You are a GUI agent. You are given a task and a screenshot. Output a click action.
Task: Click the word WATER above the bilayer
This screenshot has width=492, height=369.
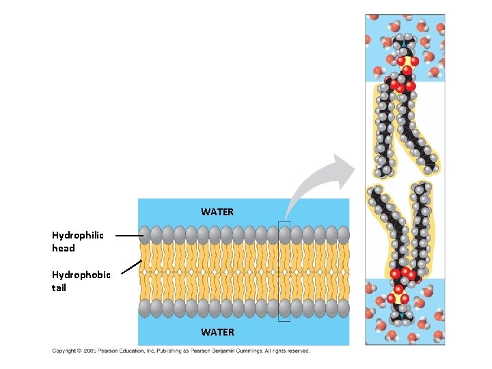217,212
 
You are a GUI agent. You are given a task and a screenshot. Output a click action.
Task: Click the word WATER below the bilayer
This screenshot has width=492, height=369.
217,332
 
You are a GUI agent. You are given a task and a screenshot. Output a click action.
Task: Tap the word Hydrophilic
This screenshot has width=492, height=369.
78,235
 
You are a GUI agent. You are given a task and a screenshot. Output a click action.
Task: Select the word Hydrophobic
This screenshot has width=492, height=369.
81,275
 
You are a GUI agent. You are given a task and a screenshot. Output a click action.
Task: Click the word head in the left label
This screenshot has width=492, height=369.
64,248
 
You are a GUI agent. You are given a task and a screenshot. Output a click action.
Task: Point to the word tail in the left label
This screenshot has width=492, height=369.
59,288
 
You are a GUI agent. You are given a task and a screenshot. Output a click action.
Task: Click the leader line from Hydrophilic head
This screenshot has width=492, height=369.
128,235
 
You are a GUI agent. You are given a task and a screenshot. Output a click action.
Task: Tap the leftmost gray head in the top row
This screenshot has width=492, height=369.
145,234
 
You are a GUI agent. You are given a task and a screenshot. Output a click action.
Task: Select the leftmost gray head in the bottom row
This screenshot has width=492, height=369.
145,309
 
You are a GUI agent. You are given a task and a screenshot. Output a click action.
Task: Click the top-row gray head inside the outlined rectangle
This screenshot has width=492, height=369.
285,234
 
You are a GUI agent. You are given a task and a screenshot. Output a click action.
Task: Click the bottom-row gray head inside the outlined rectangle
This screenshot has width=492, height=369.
285,309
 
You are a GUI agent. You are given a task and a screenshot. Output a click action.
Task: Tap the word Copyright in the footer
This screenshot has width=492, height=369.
65,351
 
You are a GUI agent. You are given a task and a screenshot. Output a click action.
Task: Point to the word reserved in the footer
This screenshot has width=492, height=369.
297,351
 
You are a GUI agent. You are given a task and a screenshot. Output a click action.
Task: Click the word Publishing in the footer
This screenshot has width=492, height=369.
163,351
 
